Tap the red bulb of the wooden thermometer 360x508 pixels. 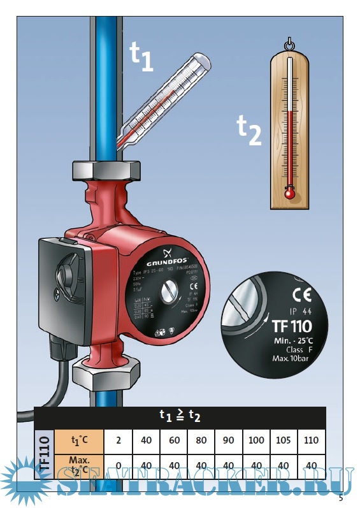(290, 192)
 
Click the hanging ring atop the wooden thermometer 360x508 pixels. (290, 45)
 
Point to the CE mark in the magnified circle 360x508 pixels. (298, 295)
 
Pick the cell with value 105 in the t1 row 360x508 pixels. (284, 440)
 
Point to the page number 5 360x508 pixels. (342, 497)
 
